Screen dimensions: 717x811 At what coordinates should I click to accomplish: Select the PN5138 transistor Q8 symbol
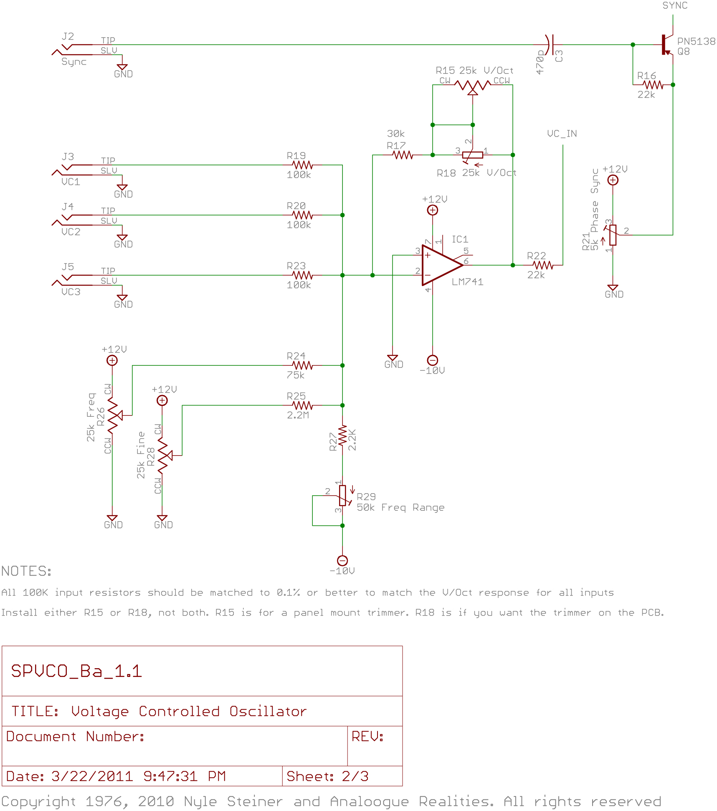(x=667, y=45)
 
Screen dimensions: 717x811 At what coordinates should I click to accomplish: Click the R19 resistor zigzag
(x=302, y=165)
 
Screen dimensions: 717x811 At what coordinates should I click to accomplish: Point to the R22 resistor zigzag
(x=543, y=265)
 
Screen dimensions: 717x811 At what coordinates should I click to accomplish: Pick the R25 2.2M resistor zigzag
(x=302, y=405)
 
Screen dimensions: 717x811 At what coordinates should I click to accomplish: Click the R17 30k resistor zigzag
(x=403, y=155)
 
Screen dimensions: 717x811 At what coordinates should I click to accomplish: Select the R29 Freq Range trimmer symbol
(x=342, y=496)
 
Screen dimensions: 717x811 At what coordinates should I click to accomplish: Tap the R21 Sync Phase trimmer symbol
(x=613, y=235)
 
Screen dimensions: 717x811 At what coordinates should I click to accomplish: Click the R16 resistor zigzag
(x=653, y=85)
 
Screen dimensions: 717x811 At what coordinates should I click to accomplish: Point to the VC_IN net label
(x=562, y=134)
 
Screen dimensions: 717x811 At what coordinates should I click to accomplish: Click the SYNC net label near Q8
(x=675, y=5)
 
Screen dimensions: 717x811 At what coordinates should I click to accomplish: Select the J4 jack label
(x=68, y=206)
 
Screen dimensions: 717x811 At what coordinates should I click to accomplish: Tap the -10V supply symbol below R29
(x=342, y=560)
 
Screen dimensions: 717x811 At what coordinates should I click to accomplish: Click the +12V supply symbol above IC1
(x=433, y=210)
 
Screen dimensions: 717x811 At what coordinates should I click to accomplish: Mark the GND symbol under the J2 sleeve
(x=122, y=67)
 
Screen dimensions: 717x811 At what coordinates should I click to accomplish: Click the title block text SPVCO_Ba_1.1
(x=76, y=671)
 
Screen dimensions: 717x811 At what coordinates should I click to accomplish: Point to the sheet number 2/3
(x=355, y=776)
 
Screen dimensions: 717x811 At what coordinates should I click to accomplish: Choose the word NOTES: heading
(x=26, y=571)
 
